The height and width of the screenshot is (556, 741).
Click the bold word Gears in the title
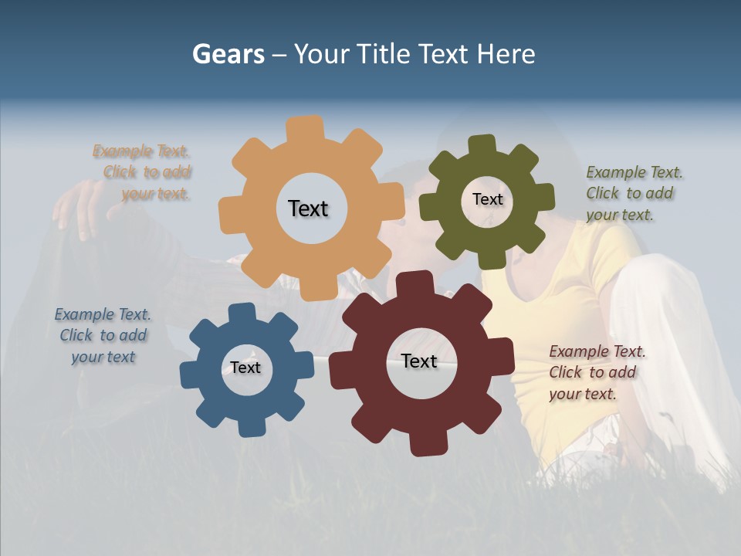pyautogui.click(x=228, y=54)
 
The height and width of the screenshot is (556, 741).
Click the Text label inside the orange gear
pyautogui.click(x=308, y=208)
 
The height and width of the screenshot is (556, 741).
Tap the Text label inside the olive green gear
pyautogui.click(x=487, y=199)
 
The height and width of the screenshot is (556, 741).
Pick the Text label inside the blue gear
pyautogui.click(x=245, y=368)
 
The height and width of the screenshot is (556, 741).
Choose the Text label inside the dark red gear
pyautogui.click(x=419, y=361)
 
